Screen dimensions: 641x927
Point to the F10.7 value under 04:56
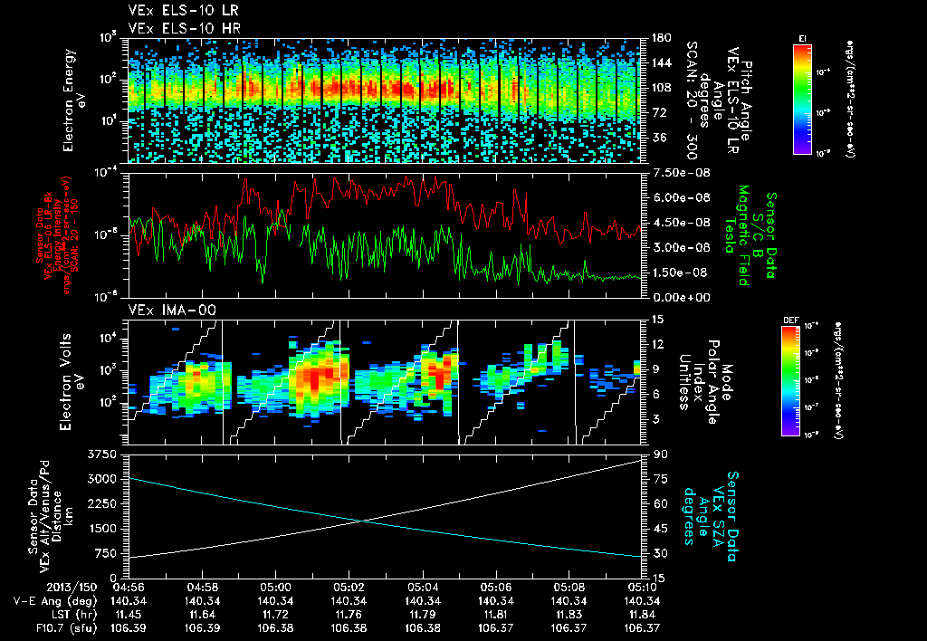129,627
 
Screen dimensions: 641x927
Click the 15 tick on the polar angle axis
655,319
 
